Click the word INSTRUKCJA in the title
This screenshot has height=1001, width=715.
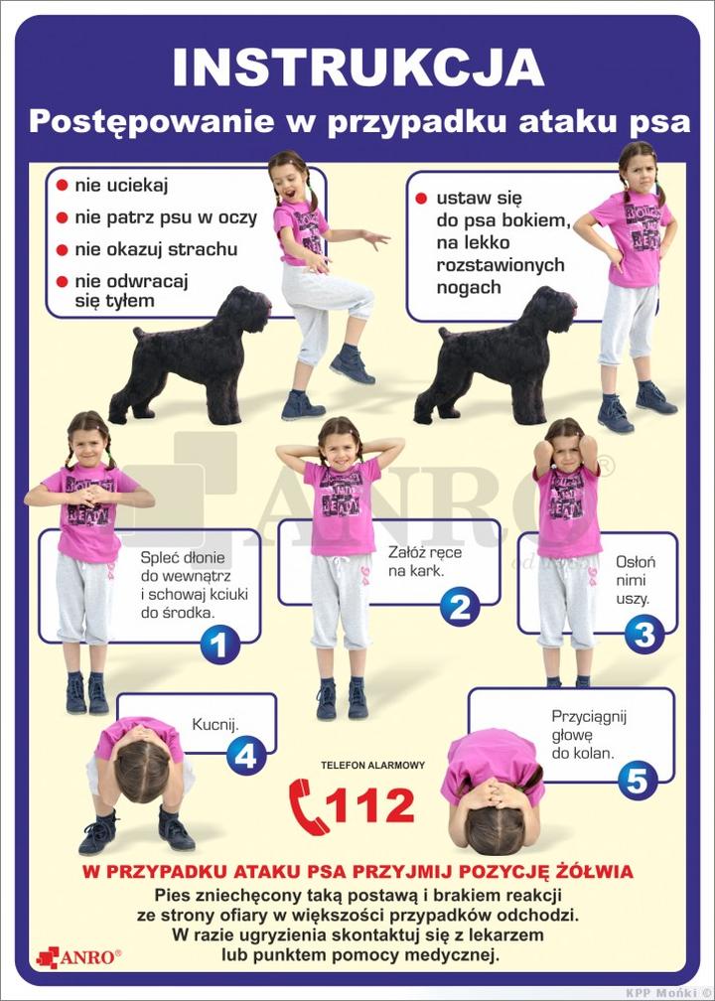[x=358, y=68]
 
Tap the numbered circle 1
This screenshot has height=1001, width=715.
[x=219, y=644]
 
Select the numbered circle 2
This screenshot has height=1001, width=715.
[x=460, y=607]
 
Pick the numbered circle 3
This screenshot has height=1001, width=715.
[x=644, y=635]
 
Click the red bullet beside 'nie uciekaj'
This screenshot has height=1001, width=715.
[x=62, y=186]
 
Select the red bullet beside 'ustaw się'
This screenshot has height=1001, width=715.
[x=421, y=198]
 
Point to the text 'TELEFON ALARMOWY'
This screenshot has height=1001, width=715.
[x=372, y=765]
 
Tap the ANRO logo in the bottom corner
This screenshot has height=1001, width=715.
[x=78, y=957]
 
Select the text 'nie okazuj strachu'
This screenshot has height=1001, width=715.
[x=156, y=249]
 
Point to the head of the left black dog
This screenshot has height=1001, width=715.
[x=246, y=307]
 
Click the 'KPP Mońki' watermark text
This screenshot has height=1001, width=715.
[x=665, y=994]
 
